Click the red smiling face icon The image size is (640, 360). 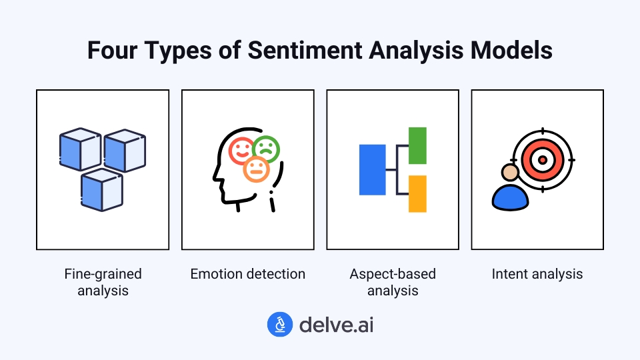click(x=241, y=151)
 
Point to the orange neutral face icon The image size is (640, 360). click(x=256, y=169)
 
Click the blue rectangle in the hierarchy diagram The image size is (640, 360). click(x=372, y=169)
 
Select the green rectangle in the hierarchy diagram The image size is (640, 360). click(x=417, y=145)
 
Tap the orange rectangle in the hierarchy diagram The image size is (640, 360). click(x=417, y=193)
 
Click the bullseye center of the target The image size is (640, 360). click(x=542, y=160)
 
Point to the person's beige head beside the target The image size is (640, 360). click(x=510, y=173)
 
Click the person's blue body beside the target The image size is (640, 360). click(x=509, y=197)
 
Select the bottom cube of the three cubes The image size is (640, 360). click(x=102, y=189)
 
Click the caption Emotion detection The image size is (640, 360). click(x=247, y=274)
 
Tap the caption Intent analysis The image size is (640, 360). click(x=537, y=274)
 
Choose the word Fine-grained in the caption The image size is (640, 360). click(x=103, y=274)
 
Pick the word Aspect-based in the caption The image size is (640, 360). click(x=393, y=274)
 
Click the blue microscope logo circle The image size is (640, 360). click(x=280, y=325)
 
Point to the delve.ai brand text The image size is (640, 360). click(x=336, y=325)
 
